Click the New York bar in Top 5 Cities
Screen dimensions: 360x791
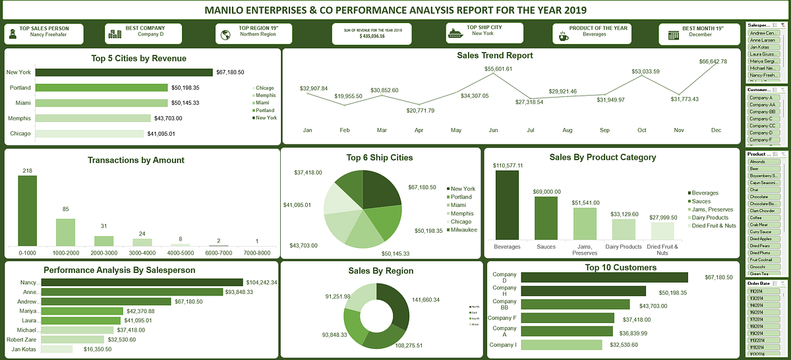123,73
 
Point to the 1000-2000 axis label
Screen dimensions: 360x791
65,252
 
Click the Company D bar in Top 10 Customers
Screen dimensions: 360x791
604,278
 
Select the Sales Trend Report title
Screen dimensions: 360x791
494,56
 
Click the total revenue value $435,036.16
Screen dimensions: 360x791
372,36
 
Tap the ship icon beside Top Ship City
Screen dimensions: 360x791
455,33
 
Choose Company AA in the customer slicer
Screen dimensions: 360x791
763,105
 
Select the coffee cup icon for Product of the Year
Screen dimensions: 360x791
563,36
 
